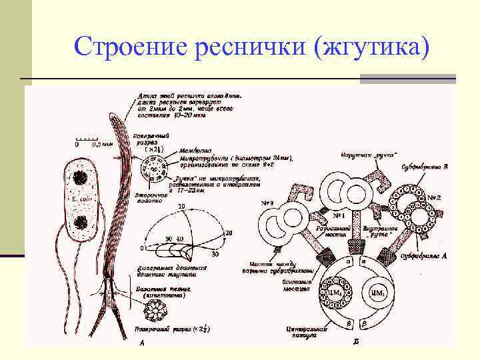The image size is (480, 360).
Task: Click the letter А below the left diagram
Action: click(x=141, y=343)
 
